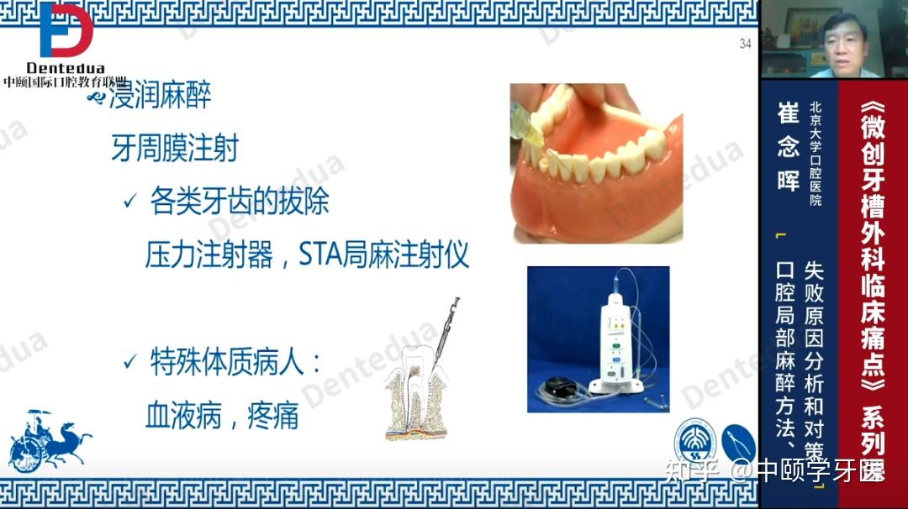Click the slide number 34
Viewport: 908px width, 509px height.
(745, 45)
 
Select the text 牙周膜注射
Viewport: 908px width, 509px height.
(175, 149)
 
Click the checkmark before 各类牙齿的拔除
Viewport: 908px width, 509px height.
(129, 202)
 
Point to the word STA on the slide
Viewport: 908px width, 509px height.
(319, 254)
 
